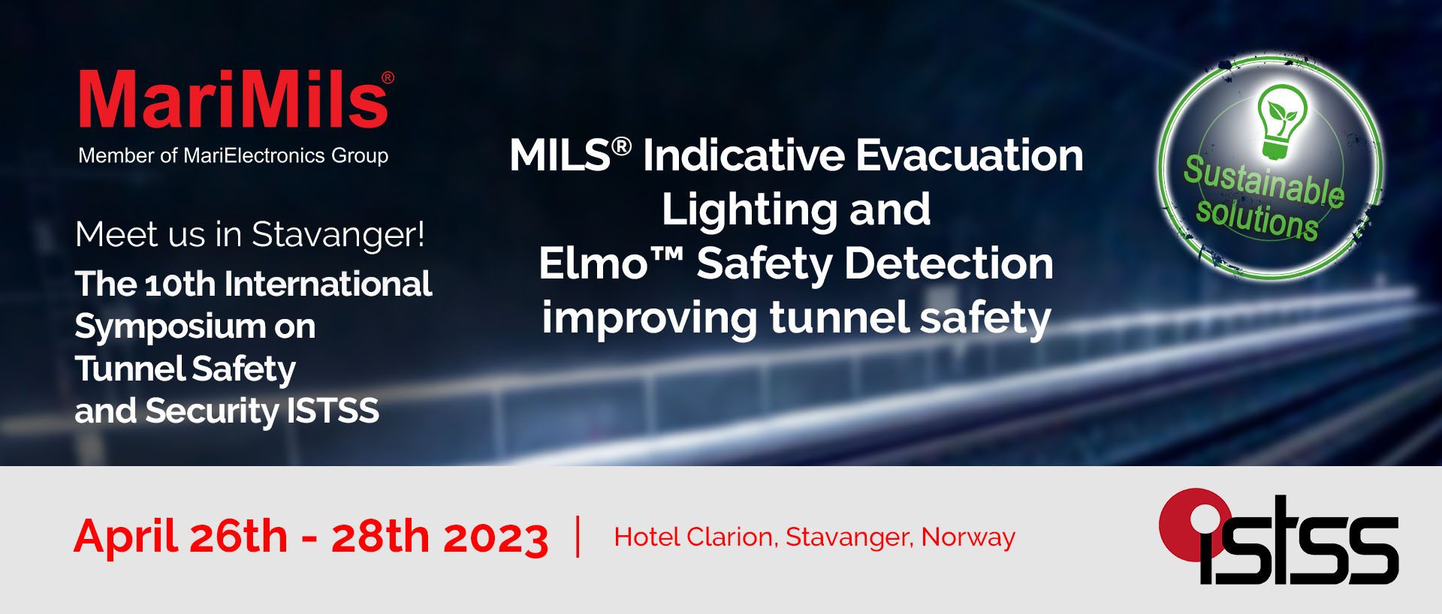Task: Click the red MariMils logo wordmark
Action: [x=233, y=99]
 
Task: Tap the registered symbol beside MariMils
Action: [x=388, y=77]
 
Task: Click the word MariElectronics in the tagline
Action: [x=255, y=155]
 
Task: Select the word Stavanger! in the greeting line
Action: [x=338, y=236]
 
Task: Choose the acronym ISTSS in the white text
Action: [x=333, y=411]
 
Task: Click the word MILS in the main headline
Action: [x=560, y=155]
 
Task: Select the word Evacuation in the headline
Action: [x=970, y=155]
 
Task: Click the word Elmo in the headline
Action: [x=593, y=264]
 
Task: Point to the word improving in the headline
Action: [x=649, y=318]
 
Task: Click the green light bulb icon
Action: [x=1282, y=122]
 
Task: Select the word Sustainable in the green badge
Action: [x=1264, y=180]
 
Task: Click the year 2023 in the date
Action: [x=496, y=537]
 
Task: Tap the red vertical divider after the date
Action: [x=578, y=536]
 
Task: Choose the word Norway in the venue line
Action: [x=968, y=537]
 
